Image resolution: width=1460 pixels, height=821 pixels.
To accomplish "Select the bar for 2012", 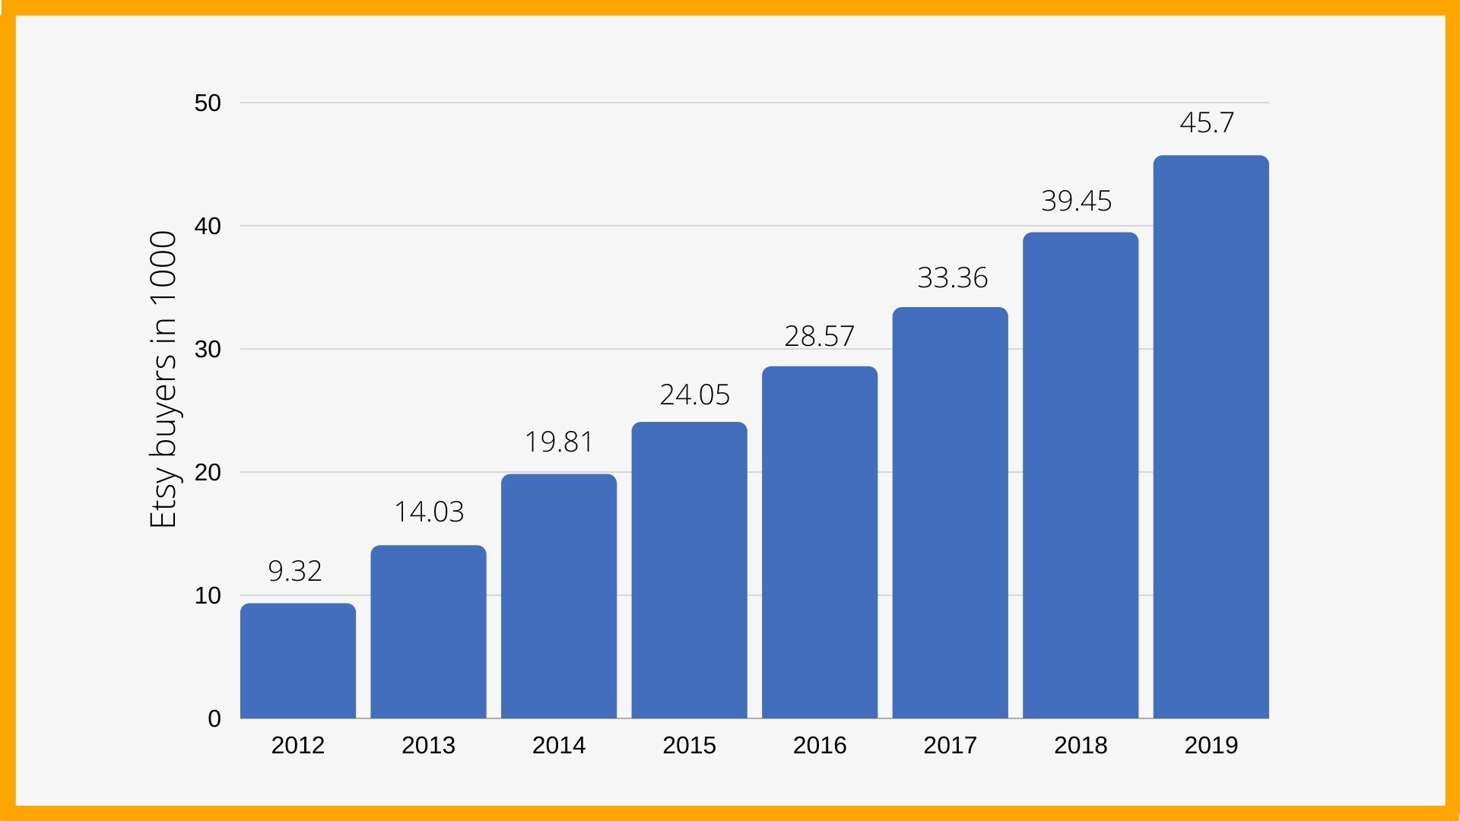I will coord(298,661).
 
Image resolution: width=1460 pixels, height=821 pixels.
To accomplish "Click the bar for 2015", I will coord(689,570).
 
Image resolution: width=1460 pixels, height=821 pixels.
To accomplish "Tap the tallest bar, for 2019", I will coord(1211,437).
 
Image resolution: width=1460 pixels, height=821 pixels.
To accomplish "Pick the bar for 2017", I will coord(950,513).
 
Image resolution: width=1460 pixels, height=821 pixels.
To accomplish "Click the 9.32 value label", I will coord(295,571).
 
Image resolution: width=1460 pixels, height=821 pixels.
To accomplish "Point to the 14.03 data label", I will coord(429,512).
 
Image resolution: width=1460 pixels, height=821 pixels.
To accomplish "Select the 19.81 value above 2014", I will coord(559,442).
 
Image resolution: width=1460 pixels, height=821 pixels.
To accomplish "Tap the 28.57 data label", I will coord(819,336).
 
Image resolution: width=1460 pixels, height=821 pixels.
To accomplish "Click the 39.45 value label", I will coord(1076,201).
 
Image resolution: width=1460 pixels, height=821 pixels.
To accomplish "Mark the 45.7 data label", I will coord(1207,122).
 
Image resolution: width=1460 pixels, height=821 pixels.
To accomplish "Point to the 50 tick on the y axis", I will coord(208,103).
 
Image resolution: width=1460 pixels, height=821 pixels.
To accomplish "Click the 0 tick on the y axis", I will coord(214,718).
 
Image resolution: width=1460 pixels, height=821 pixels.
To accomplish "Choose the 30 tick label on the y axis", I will coord(208,350).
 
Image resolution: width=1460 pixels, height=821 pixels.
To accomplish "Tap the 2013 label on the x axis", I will coord(428,745).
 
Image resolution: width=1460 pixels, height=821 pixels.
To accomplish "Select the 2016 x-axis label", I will coord(820,745).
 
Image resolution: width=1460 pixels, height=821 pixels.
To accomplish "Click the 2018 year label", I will coord(1081,745).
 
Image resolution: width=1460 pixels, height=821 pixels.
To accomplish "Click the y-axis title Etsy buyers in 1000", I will coord(163,379).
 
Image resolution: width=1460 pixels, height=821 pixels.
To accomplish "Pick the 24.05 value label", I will coord(694,395).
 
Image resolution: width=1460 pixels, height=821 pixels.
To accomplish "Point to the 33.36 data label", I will coord(952,277).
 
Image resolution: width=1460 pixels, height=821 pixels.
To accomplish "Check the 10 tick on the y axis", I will coord(208,596).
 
